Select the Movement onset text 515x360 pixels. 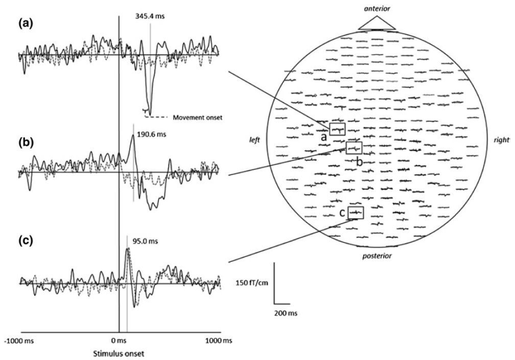point(197,117)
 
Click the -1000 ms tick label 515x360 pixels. point(18,340)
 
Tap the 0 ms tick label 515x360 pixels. point(119,340)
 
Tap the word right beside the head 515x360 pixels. point(502,140)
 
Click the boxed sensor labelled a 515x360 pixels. point(337,128)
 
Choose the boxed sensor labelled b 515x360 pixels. point(354,148)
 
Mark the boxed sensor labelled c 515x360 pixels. point(356,212)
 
